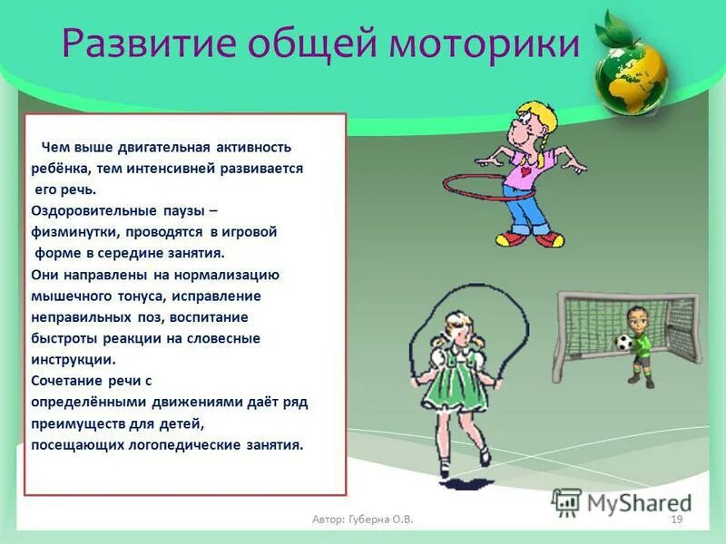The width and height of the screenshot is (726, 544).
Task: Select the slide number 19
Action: click(675, 519)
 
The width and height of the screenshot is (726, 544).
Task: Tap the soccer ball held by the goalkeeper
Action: click(623, 342)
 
